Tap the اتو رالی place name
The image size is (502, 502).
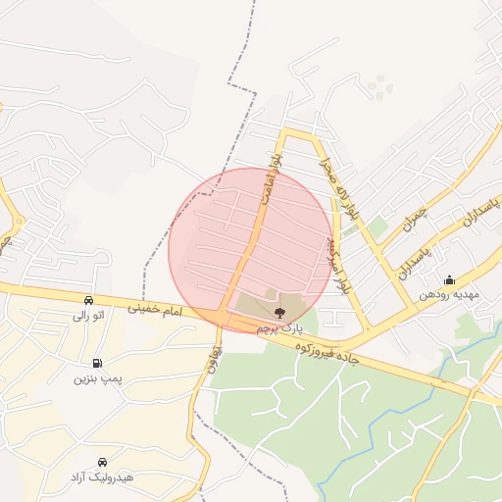pyautogui.click(x=86, y=317)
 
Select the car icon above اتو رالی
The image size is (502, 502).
pyautogui.click(x=89, y=300)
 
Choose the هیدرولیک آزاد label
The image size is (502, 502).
pyautogui.click(x=102, y=477)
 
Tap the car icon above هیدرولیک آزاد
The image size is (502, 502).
pyautogui.click(x=103, y=461)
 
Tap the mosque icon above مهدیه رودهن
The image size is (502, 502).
pyautogui.click(x=449, y=279)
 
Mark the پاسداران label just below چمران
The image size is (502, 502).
pyautogui.click(x=416, y=261)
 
